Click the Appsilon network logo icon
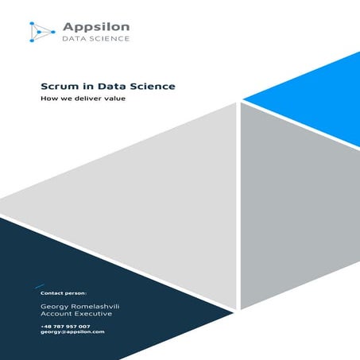point(41,30)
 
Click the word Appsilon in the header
point(95,27)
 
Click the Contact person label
point(64,293)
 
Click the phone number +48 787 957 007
point(65,326)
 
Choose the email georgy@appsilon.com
point(72,332)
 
